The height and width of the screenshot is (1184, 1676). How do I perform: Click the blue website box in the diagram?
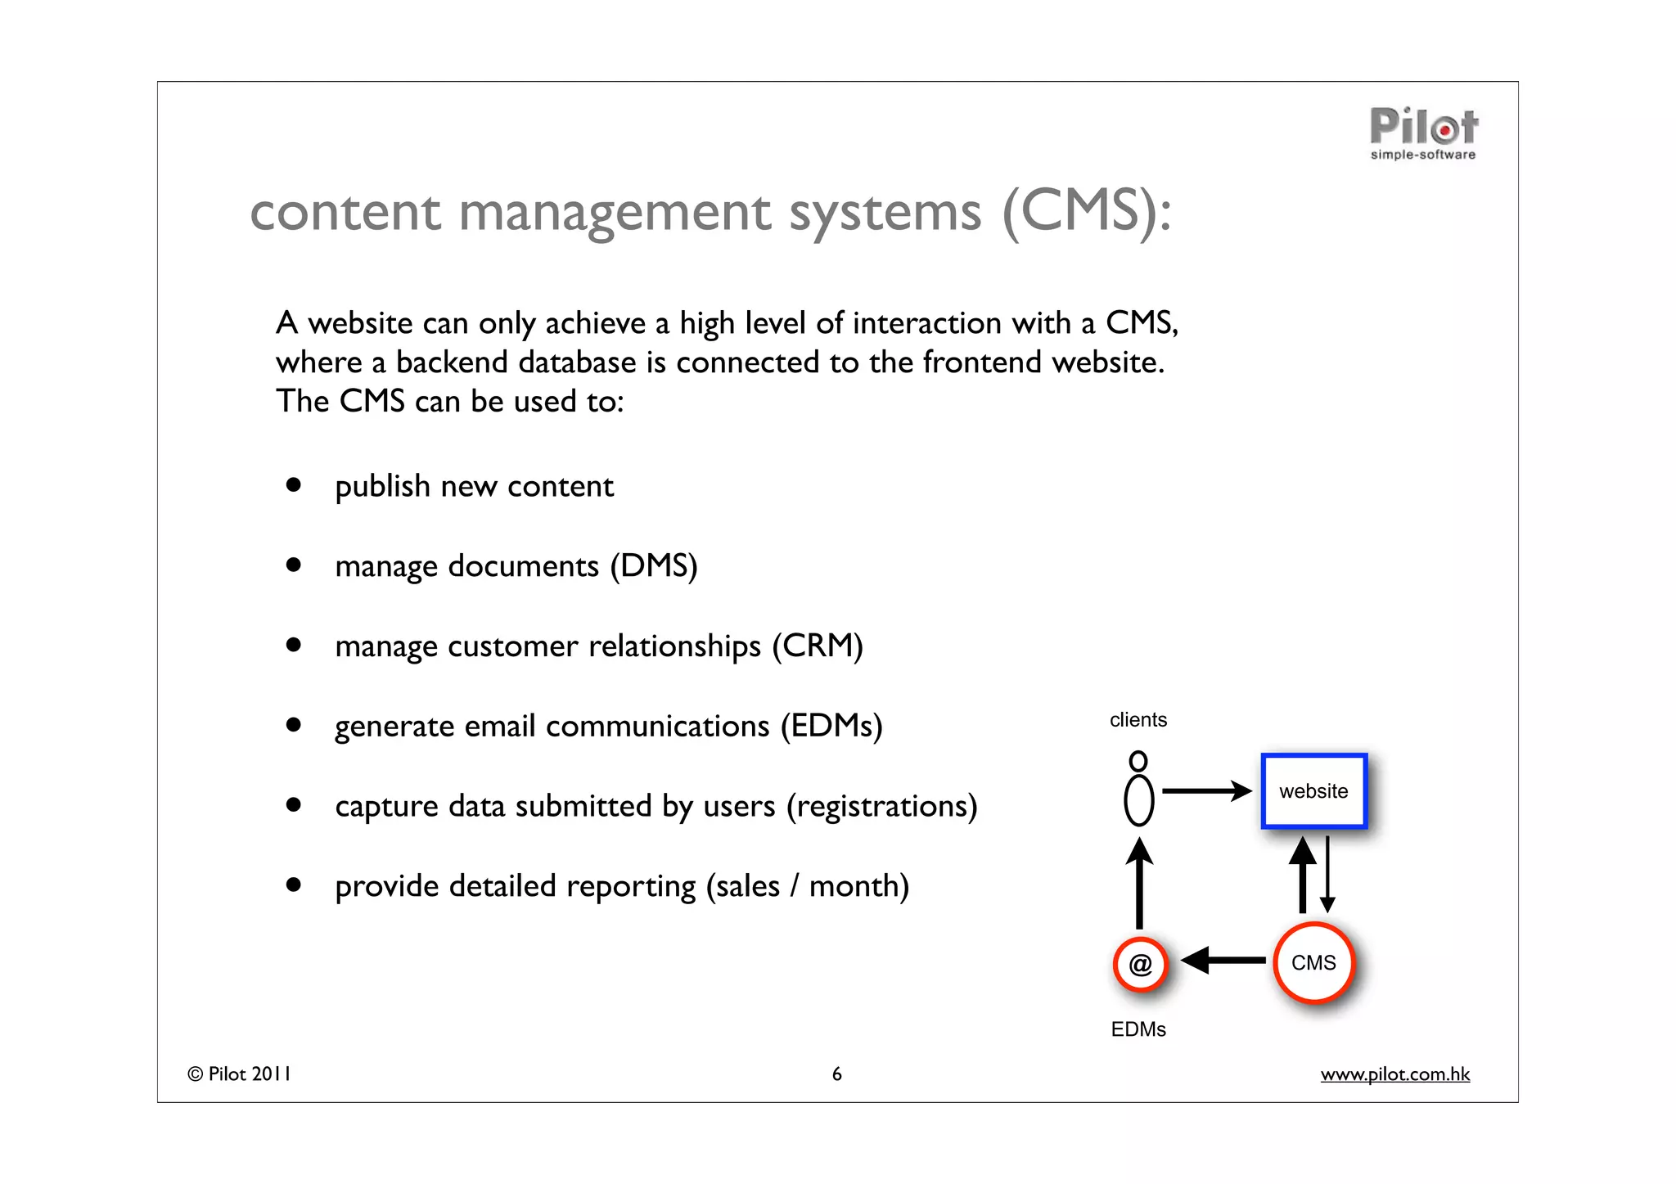1313,791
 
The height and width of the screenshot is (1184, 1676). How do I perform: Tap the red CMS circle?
1313,963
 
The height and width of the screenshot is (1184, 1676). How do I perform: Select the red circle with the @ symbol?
1140,964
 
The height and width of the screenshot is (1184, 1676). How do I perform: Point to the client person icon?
1138,790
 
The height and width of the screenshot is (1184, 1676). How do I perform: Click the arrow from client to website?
1206,790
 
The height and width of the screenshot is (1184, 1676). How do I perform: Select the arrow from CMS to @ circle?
1223,961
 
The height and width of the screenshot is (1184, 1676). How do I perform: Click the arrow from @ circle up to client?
1139,884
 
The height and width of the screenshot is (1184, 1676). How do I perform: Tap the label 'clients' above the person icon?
1138,720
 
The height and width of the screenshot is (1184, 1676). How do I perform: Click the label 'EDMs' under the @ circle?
1138,1029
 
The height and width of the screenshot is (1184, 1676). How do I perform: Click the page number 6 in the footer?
836,1074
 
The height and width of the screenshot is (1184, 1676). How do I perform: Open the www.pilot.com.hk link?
1394,1074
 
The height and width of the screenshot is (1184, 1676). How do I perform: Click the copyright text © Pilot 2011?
239,1074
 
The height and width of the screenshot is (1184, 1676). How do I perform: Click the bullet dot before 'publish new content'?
293,485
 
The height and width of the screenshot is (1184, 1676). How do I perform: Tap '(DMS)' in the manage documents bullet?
653,566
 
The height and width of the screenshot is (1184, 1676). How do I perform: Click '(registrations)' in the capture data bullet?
881,806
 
